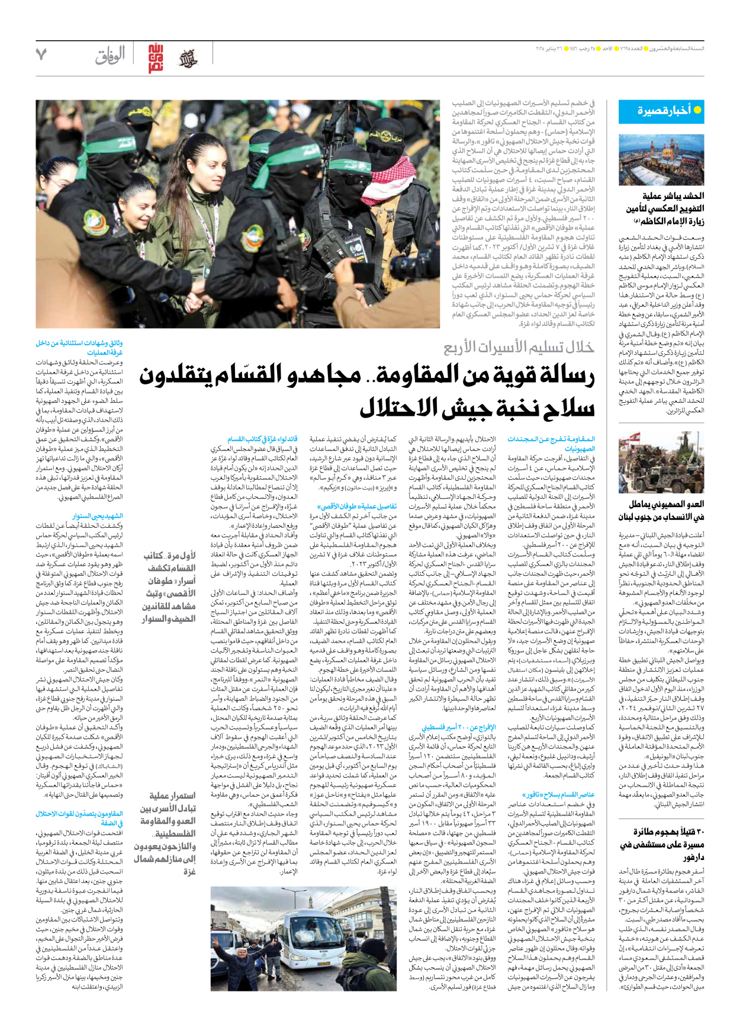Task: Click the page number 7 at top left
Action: [x=41, y=54]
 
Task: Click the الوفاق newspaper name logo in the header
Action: [x=110, y=56]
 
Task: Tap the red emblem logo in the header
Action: [x=156, y=58]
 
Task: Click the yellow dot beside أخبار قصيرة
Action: [x=697, y=110]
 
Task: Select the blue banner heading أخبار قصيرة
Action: [x=661, y=111]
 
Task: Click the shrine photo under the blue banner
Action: [x=661, y=160]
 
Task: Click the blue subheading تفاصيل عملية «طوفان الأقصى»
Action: [x=357, y=507]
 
